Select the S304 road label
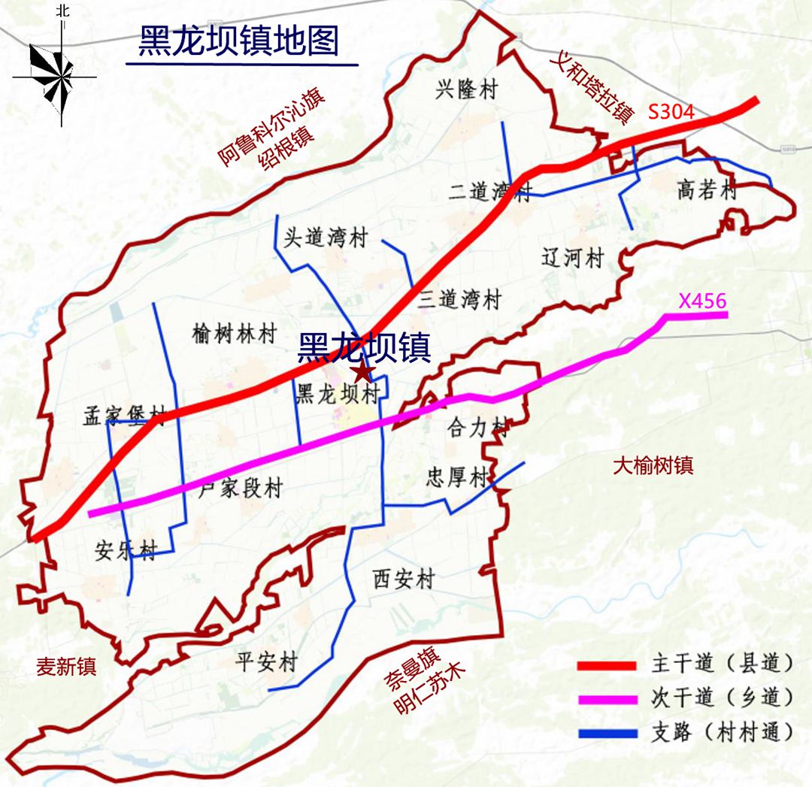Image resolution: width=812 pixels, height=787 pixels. coord(671,111)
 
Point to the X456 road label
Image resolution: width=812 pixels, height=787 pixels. coord(702,301)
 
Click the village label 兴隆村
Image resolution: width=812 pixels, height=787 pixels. coord(466,90)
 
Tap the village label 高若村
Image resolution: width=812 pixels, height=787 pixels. coord(707,191)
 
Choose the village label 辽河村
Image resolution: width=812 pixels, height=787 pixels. coord(572,259)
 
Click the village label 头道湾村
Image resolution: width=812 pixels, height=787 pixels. coord(325,238)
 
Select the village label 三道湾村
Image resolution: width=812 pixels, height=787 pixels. coord(460,300)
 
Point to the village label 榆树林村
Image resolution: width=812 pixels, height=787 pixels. coord(235,333)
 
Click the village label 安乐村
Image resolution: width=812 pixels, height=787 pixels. coord(126,550)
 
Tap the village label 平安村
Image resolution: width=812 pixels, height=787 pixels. coord(266,662)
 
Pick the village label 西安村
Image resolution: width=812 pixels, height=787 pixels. coord(404,580)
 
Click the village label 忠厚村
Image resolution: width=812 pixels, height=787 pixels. coord(457,477)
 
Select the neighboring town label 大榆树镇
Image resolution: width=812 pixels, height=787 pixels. coord(653,465)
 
